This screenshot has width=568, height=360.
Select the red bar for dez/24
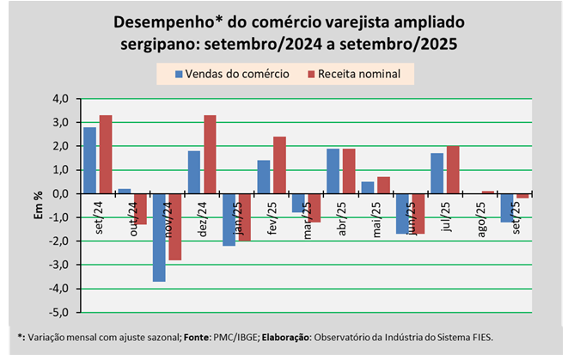pos(210,155)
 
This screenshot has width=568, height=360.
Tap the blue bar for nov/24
pos(159,237)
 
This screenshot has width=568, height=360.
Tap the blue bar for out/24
pos(125,191)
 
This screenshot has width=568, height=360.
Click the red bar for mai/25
pos(383,185)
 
